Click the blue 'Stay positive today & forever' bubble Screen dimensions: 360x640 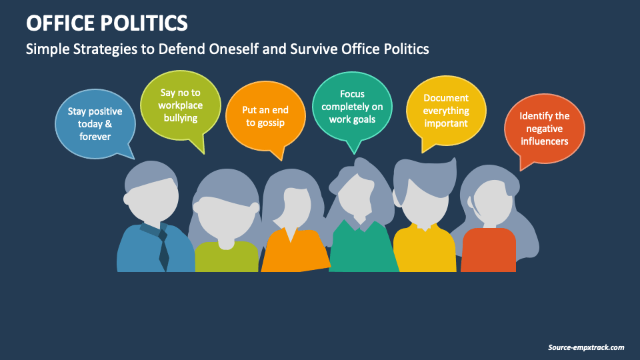pyautogui.click(x=95, y=123)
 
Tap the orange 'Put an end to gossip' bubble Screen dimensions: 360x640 pyautogui.click(x=265, y=117)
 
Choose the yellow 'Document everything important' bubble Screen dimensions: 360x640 pyautogui.click(x=445, y=110)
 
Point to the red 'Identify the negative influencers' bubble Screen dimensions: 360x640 pyautogui.click(x=544, y=129)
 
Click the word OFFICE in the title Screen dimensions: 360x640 pyautogui.click(x=59, y=24)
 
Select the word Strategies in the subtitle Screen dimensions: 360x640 pyautogui.click(x=98, y=49)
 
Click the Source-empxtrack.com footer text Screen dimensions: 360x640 pyautogui.click(x=586, y=347)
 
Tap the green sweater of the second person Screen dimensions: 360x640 pyautogui.click(x=226, y=257)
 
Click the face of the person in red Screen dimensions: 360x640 pyautogui.click(x=492, y=200)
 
